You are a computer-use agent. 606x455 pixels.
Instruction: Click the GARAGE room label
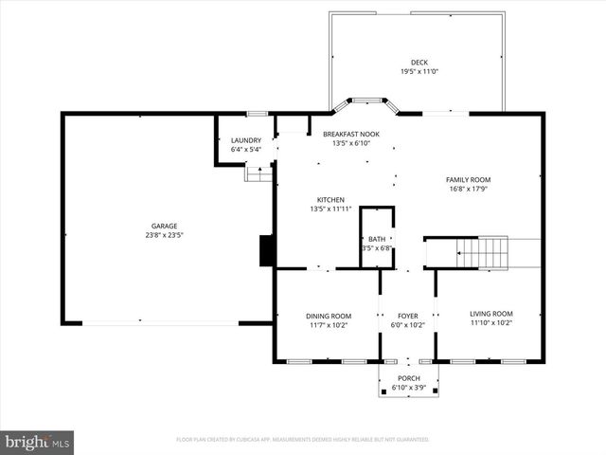(x=164, y=226)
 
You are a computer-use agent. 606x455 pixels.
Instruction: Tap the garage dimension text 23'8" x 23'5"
(x=164, y=235)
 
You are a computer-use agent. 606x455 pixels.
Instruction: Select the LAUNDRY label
(x=245, y=140)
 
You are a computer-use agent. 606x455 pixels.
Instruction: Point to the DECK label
(x=418, y=63)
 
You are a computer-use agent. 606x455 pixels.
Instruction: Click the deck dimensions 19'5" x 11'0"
(x=418, y=72)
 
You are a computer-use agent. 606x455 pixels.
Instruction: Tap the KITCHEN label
(x=330, y=199)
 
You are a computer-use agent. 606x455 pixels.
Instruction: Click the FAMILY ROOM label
(x=469, y=178)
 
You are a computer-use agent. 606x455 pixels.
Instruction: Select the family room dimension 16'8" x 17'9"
(x=469, y=188)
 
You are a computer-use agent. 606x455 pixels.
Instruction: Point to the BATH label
(x=377, y=239)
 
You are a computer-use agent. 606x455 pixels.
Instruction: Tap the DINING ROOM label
(x=328, y=315)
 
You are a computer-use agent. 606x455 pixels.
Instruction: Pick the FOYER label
(x=408, y=315)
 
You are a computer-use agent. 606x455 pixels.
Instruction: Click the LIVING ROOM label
(x=491, y=314)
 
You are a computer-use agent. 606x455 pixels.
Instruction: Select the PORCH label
(x=409, y=378)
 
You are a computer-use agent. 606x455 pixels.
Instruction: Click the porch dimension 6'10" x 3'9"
(x=409, y=388)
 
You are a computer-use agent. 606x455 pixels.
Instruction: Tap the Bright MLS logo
(x=38, y=442)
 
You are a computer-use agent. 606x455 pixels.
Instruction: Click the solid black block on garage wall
(x=267, y=250)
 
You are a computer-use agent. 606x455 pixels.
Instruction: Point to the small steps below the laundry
(x=258, y=173)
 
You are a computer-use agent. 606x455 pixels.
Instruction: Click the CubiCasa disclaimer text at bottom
(x=303, y=440)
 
